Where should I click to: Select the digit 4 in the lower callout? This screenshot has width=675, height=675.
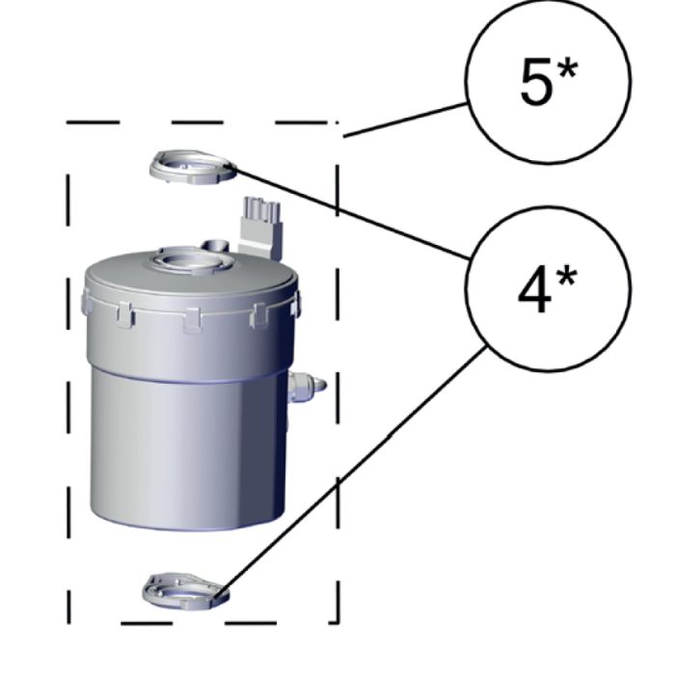(534, 291)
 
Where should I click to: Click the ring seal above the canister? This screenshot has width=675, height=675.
(192, 167)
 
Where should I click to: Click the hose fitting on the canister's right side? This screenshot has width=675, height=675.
(308, 386)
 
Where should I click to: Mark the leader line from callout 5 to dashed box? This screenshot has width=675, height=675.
(405, 120)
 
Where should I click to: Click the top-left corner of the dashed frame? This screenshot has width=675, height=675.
(68, 123)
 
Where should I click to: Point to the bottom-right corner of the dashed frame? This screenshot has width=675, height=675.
(336, 619)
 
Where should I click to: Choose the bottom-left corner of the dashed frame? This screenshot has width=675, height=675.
(69, 619)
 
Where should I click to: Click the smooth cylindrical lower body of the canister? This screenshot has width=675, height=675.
(183, 444)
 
